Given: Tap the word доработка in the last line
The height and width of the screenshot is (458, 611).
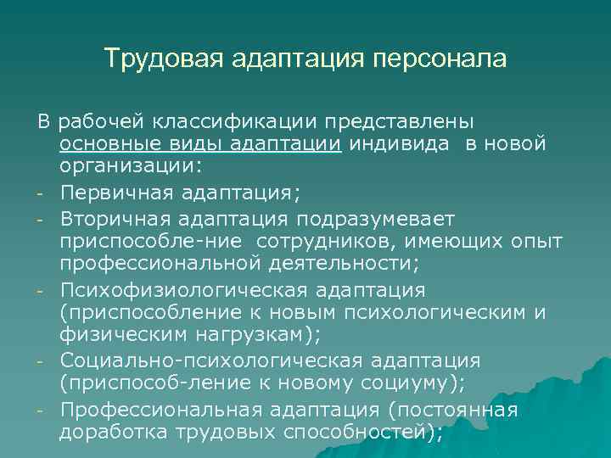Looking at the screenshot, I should click(x=115, y=433).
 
